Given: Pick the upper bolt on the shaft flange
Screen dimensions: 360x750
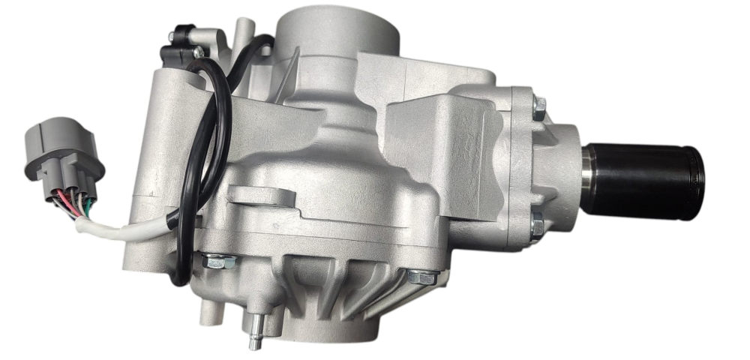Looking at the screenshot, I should (538, 106).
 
